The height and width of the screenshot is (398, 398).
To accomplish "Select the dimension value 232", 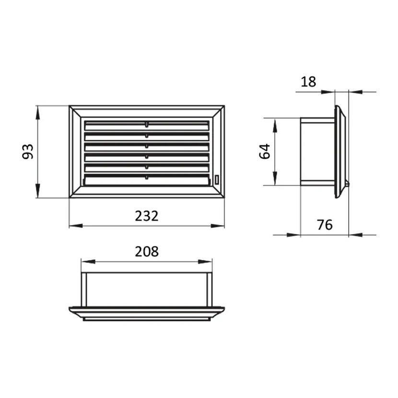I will tap(146, 216).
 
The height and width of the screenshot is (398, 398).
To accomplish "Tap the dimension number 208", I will tap(146, 251).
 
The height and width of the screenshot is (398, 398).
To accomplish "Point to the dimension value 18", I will tap(308, 82).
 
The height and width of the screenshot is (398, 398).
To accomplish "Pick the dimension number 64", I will tap(265, 151).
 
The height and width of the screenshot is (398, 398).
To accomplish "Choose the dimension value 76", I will tap(325, 224).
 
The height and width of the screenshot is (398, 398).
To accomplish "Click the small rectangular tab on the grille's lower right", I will tap(217, 180).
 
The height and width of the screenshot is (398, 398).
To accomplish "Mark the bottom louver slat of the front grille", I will tap(147, 180).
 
